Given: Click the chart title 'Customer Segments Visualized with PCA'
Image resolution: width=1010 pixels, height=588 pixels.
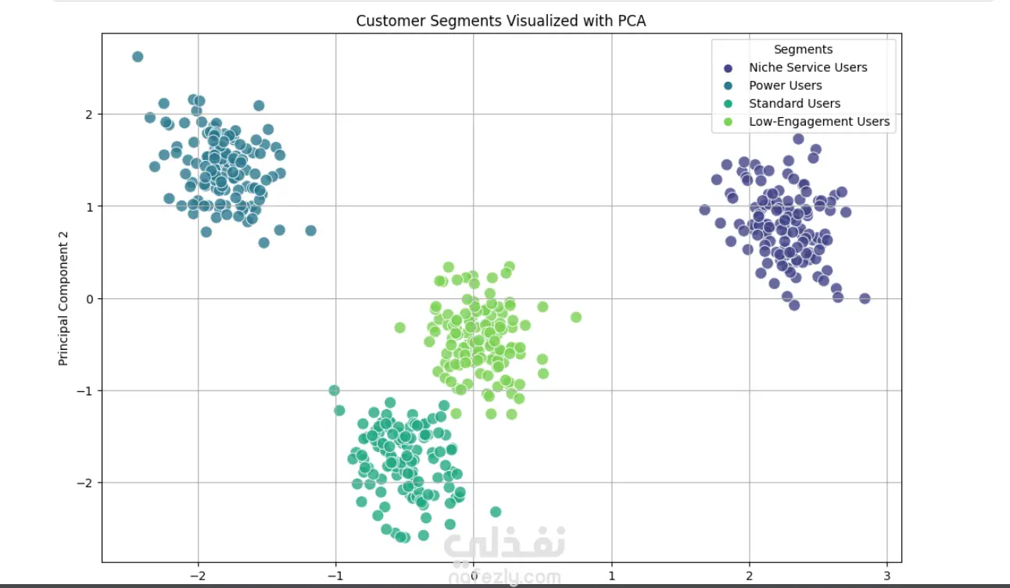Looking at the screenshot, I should [x=500, y=21].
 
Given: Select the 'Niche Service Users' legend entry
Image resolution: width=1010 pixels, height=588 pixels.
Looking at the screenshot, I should [x=808, y=67].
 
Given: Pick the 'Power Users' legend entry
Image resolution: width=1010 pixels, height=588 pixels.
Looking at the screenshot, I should [x=785, y=85].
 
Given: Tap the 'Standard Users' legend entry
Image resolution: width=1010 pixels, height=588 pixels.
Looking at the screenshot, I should [x=794, y=103].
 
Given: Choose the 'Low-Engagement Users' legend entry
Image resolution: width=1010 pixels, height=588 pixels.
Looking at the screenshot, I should [x=818, y=121].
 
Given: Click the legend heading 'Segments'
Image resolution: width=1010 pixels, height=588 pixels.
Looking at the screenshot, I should [x=803, y=50].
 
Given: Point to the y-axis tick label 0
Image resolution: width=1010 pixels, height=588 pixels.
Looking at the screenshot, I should [x=90, y=299].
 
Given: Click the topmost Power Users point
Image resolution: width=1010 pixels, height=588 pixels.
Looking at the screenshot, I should [x=138, y=56].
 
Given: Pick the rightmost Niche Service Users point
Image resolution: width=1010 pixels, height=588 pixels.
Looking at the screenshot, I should [x=865, y=298].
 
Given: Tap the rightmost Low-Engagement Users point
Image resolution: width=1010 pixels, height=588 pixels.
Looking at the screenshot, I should [x=576, y=317].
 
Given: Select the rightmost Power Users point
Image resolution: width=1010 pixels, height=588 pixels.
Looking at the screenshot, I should [x=310, y=230].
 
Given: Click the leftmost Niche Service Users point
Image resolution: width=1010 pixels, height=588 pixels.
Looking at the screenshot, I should [x=704, y=209].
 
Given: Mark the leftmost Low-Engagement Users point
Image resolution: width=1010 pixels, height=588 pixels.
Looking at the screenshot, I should [x=400, y=327].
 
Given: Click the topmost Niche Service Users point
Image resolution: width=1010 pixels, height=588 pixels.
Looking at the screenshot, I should [x=798, y=139].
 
